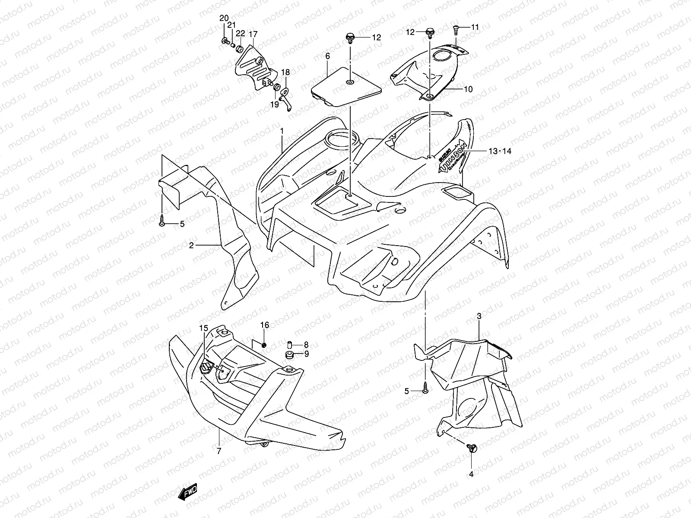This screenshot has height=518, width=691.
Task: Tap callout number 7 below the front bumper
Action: click(219, 452)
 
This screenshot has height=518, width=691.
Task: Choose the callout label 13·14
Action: click(500, 151)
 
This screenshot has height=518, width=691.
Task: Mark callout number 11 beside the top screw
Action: click(475, 27)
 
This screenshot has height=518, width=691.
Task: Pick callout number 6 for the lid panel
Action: click(327, 56)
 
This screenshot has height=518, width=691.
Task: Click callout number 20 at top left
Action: click(224, 18)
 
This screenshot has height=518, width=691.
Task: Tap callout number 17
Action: click(253, 34)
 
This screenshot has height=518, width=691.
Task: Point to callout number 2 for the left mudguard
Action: click(191, 245)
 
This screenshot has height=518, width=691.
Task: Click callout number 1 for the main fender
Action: click(281, 130)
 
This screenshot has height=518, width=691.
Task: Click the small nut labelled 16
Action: click(264, 344)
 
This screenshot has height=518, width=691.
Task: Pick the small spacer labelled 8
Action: click(290, 344)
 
